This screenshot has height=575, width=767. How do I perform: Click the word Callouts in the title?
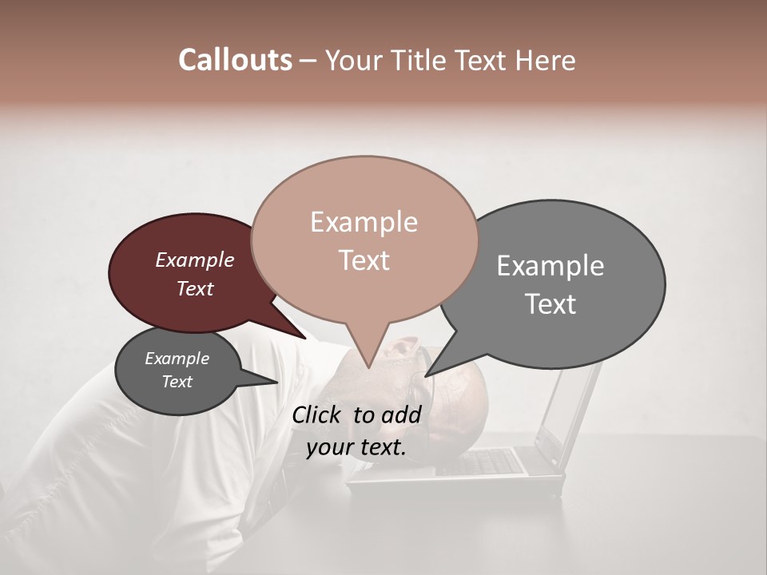(x=235, y=60)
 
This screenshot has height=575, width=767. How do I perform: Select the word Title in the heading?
(x=423, y=60)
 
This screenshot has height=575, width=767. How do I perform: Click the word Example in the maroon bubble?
(x=194, y=260)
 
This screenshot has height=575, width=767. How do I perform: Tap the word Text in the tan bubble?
(x=364, y=260)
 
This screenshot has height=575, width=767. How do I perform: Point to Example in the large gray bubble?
(x=550, y=266)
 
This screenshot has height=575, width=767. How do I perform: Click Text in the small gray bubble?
(x=177, y=382)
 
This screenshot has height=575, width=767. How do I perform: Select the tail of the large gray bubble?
(x=435, y=366)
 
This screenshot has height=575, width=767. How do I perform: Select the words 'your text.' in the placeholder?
(x=356, y=447)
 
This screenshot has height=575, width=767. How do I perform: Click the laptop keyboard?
(x=487, y=461)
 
